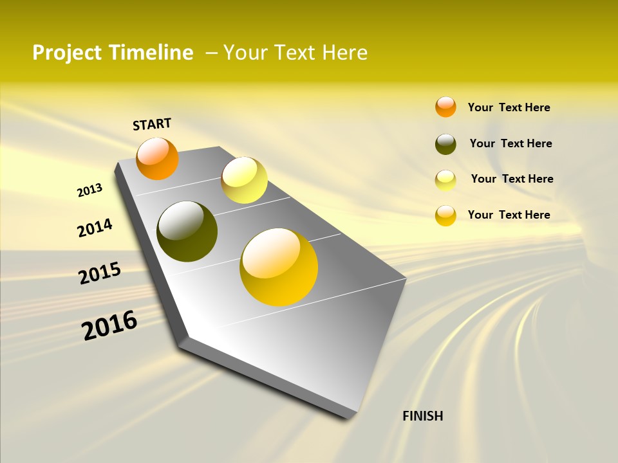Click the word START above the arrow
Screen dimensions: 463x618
(x=152, y=124)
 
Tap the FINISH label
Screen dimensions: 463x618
(x=422, y=416)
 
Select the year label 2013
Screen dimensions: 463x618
(x=89, y=190)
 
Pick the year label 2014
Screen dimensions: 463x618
(x=95, y=228)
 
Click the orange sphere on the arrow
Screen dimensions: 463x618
(x=157, y=158)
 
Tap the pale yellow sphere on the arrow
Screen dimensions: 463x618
(x=244, y=180)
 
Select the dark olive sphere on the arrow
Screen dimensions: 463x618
(x=187, y=232)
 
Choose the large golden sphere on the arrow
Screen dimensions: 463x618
(x=279, y=267)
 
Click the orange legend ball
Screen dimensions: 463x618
(x=445, y=107)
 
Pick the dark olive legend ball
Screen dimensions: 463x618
(x=445, y=144)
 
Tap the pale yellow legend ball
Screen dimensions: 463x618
(x=445, y=180)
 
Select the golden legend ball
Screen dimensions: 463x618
(x=445, y=215)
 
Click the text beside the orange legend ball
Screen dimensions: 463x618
(x=509, y=107)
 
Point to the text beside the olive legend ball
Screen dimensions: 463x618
(x=510, y=143)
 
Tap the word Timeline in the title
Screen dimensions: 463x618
(x=152, y=53)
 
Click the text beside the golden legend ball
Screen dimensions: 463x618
(x=509, y=215)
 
